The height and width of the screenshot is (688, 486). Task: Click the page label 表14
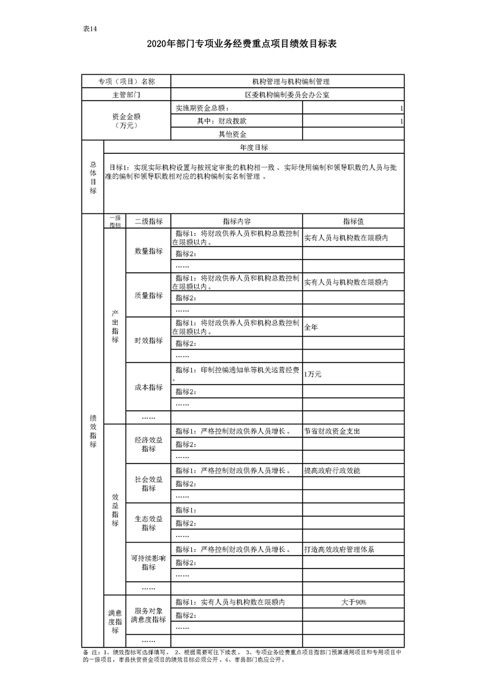coord(91,29)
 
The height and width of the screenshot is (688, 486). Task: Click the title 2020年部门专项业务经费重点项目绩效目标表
coord(242,44)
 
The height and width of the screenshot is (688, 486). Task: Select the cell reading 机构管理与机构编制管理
coord(287,81)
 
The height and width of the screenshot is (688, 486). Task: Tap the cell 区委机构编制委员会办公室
coord(287,95)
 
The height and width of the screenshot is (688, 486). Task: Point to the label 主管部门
coord(126,95)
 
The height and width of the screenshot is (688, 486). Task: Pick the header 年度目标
coord(254,148)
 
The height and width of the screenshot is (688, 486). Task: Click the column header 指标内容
coord(237,221)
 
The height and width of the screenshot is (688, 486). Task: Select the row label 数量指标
coord(148,251)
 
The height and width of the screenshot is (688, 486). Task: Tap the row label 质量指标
coord(148,296)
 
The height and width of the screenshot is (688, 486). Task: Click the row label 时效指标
coord(148,340)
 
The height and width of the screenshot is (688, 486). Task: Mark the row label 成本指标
coord(148,388)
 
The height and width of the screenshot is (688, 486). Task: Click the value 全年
coord(311,327)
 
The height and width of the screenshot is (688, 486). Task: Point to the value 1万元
coord(313,374)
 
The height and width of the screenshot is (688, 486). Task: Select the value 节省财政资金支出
coord(332,431)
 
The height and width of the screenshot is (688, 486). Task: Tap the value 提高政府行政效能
coord(332,470)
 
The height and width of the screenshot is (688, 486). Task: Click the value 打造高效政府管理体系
coord(339,549)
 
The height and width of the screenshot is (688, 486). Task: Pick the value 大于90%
coord(354,602)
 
